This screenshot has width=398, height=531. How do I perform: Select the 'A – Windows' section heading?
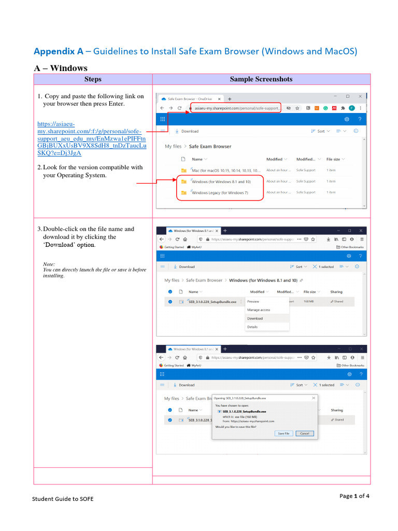(x=61, y=68)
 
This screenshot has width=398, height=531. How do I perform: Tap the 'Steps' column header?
(x=93, y=79)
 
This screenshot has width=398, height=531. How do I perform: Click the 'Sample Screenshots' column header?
(x=261, y=79)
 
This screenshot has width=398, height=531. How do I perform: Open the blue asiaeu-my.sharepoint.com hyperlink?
(x=92, y=138)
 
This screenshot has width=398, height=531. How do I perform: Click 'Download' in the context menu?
(x=255, y=318)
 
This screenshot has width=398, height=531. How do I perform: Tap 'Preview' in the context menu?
(x=253, y=301)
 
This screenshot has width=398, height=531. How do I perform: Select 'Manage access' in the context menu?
(x=259, y=310)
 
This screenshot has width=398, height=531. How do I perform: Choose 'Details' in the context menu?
(x=252, y=327)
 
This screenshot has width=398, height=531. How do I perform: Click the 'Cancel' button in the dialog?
(x=304, y=433)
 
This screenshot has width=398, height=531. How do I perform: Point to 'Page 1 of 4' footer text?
(x=354, y=496)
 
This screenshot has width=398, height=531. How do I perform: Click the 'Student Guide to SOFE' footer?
(x=63, y=499)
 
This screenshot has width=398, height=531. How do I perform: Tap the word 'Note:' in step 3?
(x=49, y=264)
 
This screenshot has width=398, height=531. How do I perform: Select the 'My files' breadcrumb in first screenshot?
(x=173, y=146)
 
